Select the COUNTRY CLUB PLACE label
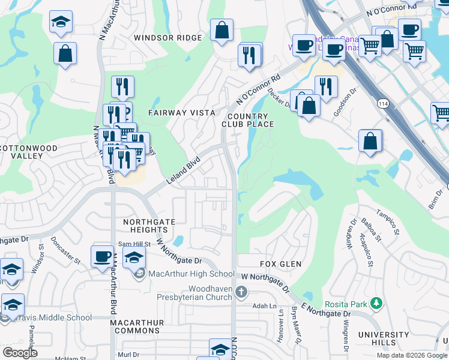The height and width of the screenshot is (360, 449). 250,120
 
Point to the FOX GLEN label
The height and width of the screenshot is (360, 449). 280,264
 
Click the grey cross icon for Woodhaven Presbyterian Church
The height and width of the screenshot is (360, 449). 241,292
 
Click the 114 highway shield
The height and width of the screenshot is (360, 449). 382,104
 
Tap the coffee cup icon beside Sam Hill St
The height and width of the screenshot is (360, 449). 102,256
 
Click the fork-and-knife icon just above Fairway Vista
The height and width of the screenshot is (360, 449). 122,86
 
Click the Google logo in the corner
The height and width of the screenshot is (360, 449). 19,352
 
